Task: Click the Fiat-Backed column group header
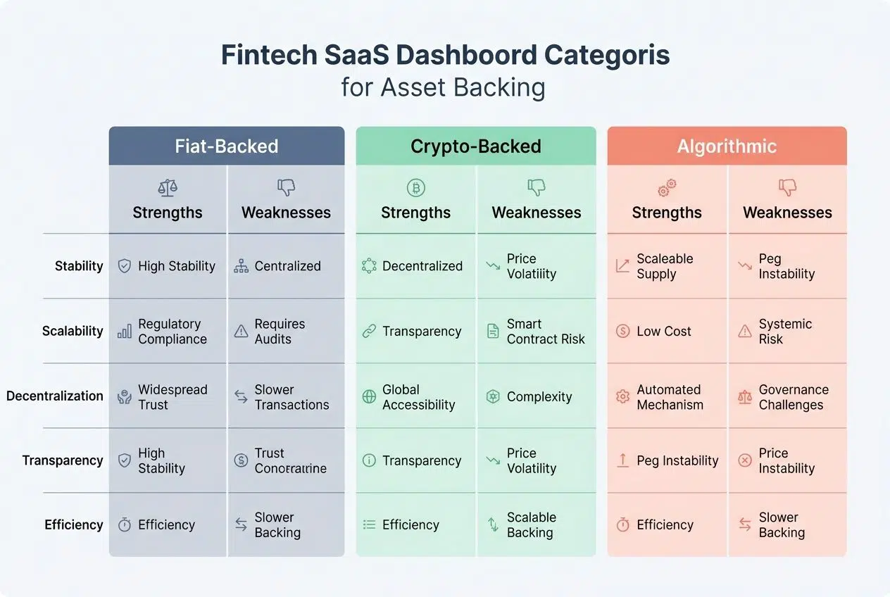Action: [227, 146]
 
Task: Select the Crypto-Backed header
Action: [476, 146]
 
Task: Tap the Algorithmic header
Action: [727, 146]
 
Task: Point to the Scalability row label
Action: [73, 331]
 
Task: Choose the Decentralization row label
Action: [55, 396]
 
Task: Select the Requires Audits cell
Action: [280, 332]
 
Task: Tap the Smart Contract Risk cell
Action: [545, 332]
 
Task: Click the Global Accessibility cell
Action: [418, 397]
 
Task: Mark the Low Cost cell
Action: [663, 332]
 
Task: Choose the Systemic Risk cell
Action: [784, 332]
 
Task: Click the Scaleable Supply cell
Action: [664, 266]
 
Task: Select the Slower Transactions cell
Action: [291, 397]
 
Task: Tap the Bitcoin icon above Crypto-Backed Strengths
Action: [415, 187]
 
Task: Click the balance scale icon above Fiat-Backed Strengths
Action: [168, 187]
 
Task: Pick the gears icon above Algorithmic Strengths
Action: [667, 187]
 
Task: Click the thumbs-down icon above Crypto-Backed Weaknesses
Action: [537, 187]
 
